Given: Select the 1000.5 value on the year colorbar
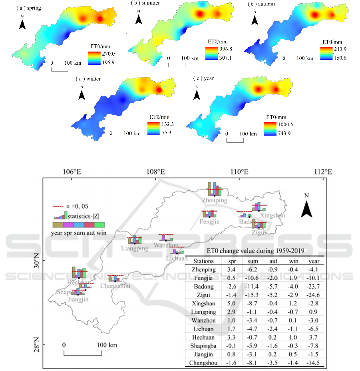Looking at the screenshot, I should [x=276, y=124].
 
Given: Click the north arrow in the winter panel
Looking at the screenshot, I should [x=82, y=94].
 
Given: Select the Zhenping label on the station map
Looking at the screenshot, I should [x=215, y=200].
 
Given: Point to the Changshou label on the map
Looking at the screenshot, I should [x=115, y=286].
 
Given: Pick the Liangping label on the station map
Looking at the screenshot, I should [x=135, y=248].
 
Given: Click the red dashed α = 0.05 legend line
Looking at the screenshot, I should [x=58, y=207].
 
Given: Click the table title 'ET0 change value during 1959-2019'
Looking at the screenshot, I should [x=255, y=251].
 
